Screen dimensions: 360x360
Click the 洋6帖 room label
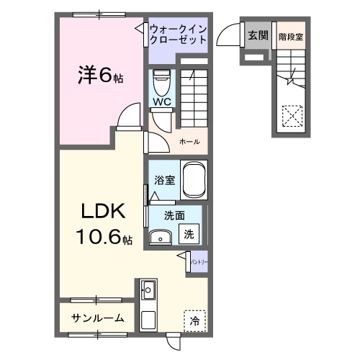pos(100,74)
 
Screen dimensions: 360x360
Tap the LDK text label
pos(103,212)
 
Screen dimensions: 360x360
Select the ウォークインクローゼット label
pos(179,34)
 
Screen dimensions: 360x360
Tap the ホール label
pos(189,142)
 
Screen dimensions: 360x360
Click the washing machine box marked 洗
pos(188,233)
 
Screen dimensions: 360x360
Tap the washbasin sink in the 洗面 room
pos(160,236)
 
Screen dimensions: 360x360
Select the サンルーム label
pos(97,318)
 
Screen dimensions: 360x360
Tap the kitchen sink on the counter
pos(149,291)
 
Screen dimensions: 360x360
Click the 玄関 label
pos(257,34)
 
